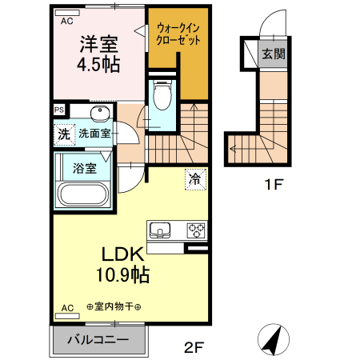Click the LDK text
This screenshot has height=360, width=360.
(x=122, y=254)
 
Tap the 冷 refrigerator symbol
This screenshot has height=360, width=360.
(x=194, y=180)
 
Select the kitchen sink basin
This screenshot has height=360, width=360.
(x=161, y=231)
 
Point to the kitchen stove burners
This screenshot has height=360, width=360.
(x=196, y=231)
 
